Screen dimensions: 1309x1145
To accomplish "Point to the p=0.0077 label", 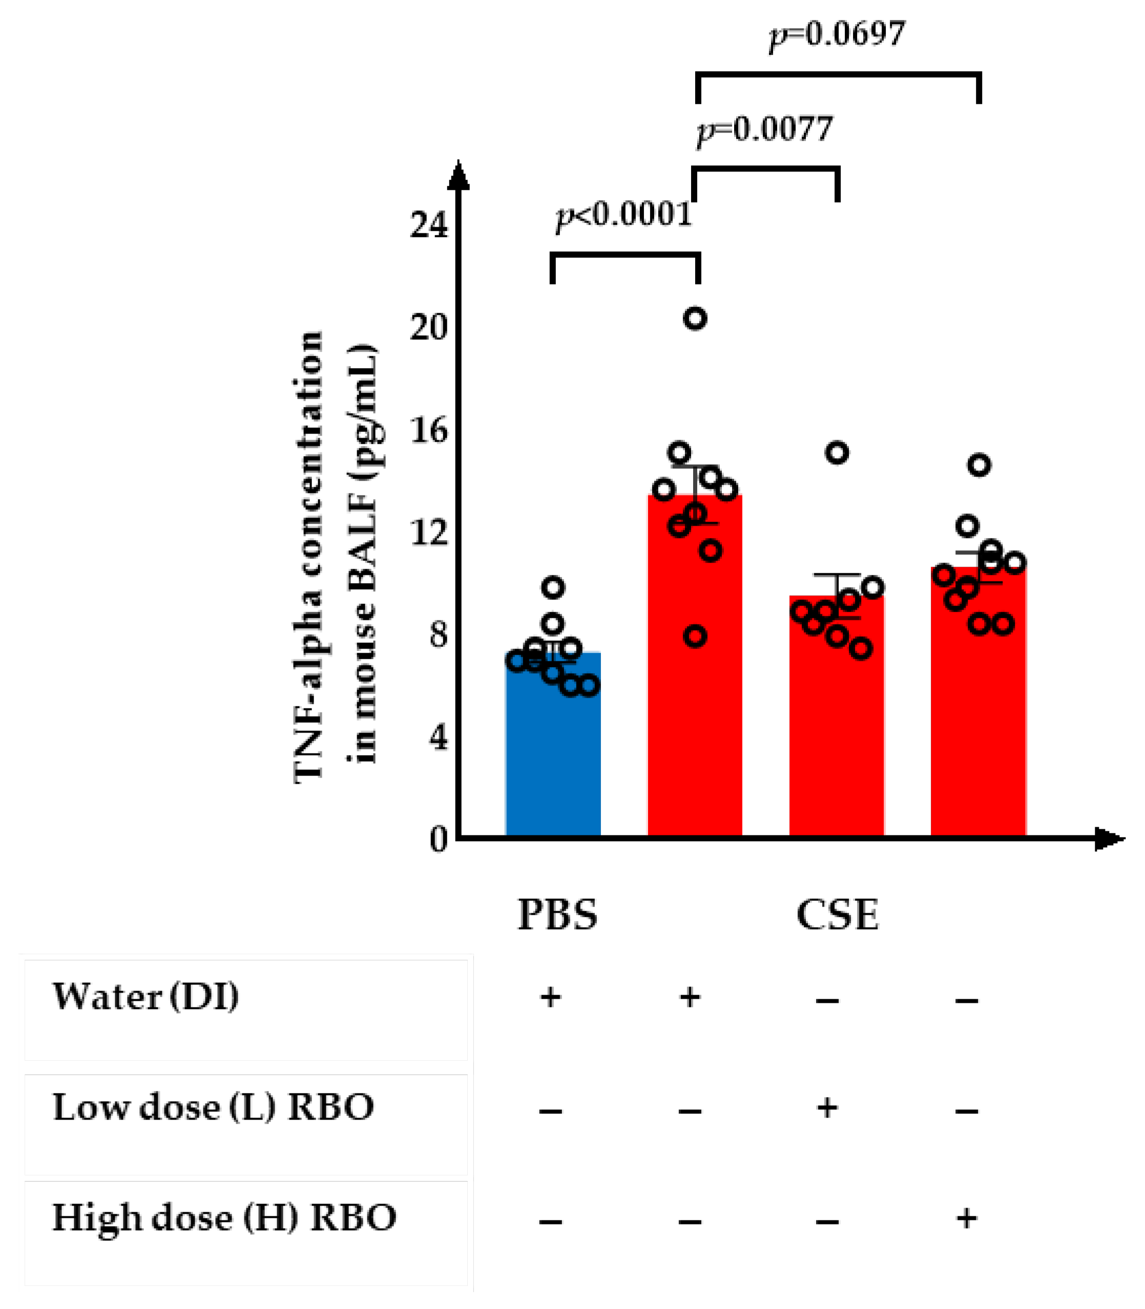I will (x=765, y=130).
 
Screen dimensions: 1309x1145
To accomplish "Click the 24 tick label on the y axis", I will (x=429, y=225).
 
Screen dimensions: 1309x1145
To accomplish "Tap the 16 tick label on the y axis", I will (x=429, y=431).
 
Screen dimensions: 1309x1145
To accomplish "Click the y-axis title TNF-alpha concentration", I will (x=308, y=555).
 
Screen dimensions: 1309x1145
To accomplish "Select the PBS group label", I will (x=557, y=914).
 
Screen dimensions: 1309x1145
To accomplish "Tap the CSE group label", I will (x=837, y=914).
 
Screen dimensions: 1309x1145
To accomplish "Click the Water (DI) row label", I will (x=145, y=997).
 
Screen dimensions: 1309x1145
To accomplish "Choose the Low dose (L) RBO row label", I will (x=213, y=1108).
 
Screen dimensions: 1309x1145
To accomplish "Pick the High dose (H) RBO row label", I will (x=224, y=1218).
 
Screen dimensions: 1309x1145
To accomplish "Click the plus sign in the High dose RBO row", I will (x=966, y=1218).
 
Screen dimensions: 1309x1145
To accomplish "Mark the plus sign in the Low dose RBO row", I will (x=827, y=1108).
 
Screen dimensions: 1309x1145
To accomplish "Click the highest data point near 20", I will (x=695, y=318).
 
